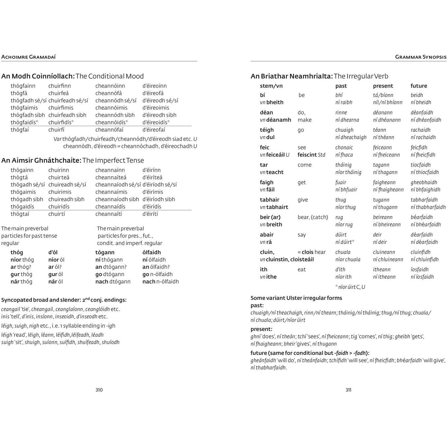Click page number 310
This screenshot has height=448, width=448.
pos(99,390)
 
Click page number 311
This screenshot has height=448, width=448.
pos(349,390)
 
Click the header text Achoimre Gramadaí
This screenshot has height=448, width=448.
pos(29,57)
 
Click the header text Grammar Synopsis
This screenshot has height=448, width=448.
pos(421,57)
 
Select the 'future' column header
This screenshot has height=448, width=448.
pos(419,86)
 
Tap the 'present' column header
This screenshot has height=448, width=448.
pos(383,86)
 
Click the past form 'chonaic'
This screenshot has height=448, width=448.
pos(344,147)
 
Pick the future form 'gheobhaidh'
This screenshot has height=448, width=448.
pos(424,182)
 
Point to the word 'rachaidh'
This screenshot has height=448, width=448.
pos(420,130)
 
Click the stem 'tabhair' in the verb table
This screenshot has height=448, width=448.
pos(270,200)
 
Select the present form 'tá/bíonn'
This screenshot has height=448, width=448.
pos(383,95)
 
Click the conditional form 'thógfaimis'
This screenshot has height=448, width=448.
pos(24,108)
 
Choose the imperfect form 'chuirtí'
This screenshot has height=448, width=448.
pos(57,214)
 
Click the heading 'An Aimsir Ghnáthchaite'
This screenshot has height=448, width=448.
pos(41,160)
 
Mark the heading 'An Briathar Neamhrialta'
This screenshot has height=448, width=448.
pos(292,76)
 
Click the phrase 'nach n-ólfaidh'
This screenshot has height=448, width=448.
pos(161,281)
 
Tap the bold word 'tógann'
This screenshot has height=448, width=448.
pos(105,252)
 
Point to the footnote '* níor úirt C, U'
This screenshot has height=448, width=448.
pos(350,287)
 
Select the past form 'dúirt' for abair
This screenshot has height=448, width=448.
pos(341,235)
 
